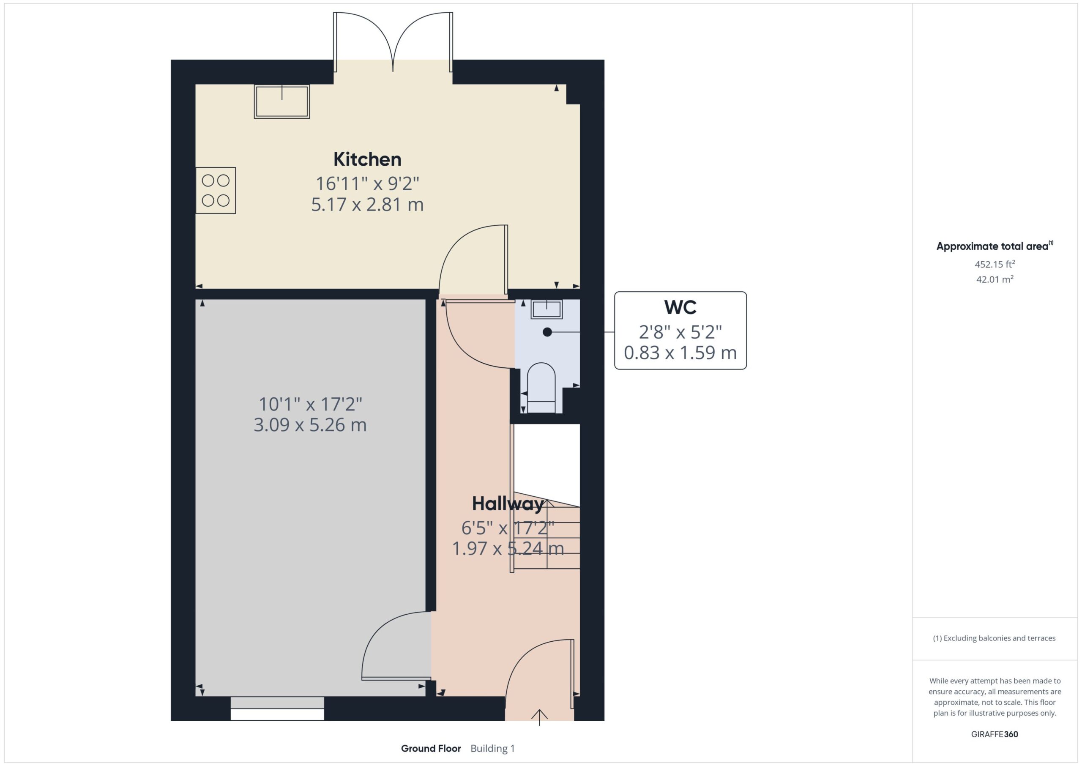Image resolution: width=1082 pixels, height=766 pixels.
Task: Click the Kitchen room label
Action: [367, 159]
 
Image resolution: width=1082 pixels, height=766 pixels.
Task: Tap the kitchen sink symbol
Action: [282, 101]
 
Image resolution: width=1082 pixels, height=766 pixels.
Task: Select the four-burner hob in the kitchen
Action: [216, 191]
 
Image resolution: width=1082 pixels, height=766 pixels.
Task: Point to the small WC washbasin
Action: [547, 309]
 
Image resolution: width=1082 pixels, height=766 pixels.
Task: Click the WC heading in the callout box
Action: [680, 307]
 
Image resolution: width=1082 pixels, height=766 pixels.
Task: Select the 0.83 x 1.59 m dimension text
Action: [680, 353]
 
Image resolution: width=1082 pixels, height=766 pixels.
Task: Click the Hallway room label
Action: [508, 504]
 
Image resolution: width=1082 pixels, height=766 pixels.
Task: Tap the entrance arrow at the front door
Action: [539, 717]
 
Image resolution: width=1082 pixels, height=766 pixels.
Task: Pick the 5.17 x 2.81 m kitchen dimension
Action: [367, 205]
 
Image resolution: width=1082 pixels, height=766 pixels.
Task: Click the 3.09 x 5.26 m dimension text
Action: [310, 425]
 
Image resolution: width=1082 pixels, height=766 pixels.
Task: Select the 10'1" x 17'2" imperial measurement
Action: [310, 404]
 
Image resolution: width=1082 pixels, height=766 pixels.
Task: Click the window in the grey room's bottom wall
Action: [277, 709]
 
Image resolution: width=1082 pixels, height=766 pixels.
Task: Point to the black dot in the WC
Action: [547, 332]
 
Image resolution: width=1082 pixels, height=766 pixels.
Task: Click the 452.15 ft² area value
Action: [995, 264]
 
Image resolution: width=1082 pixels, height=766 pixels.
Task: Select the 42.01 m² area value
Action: [995, 279]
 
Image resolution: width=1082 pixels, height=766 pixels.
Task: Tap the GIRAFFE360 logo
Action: [995, 734]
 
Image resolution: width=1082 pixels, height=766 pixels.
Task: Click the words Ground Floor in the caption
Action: [431, 749]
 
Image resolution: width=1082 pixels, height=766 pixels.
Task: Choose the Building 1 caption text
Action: [493, 749]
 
